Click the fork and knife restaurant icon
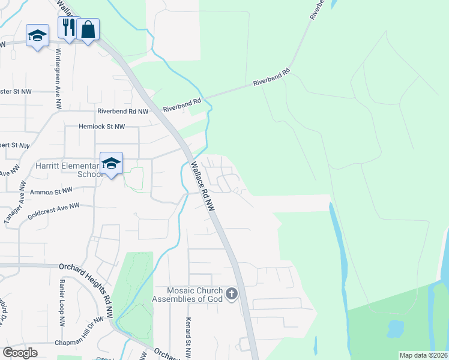(x=67, y=28)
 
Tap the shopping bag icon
(x=88, y=29)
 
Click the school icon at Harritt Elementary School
(x=111, y=163)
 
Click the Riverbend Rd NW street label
(x=122, y=112)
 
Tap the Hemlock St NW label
(x=102, y=127)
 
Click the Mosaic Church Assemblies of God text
(x=187, y=294)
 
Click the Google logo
(x=20, y=352)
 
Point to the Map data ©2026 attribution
(x=423, y=355)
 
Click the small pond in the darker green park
(x=396, y=328)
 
